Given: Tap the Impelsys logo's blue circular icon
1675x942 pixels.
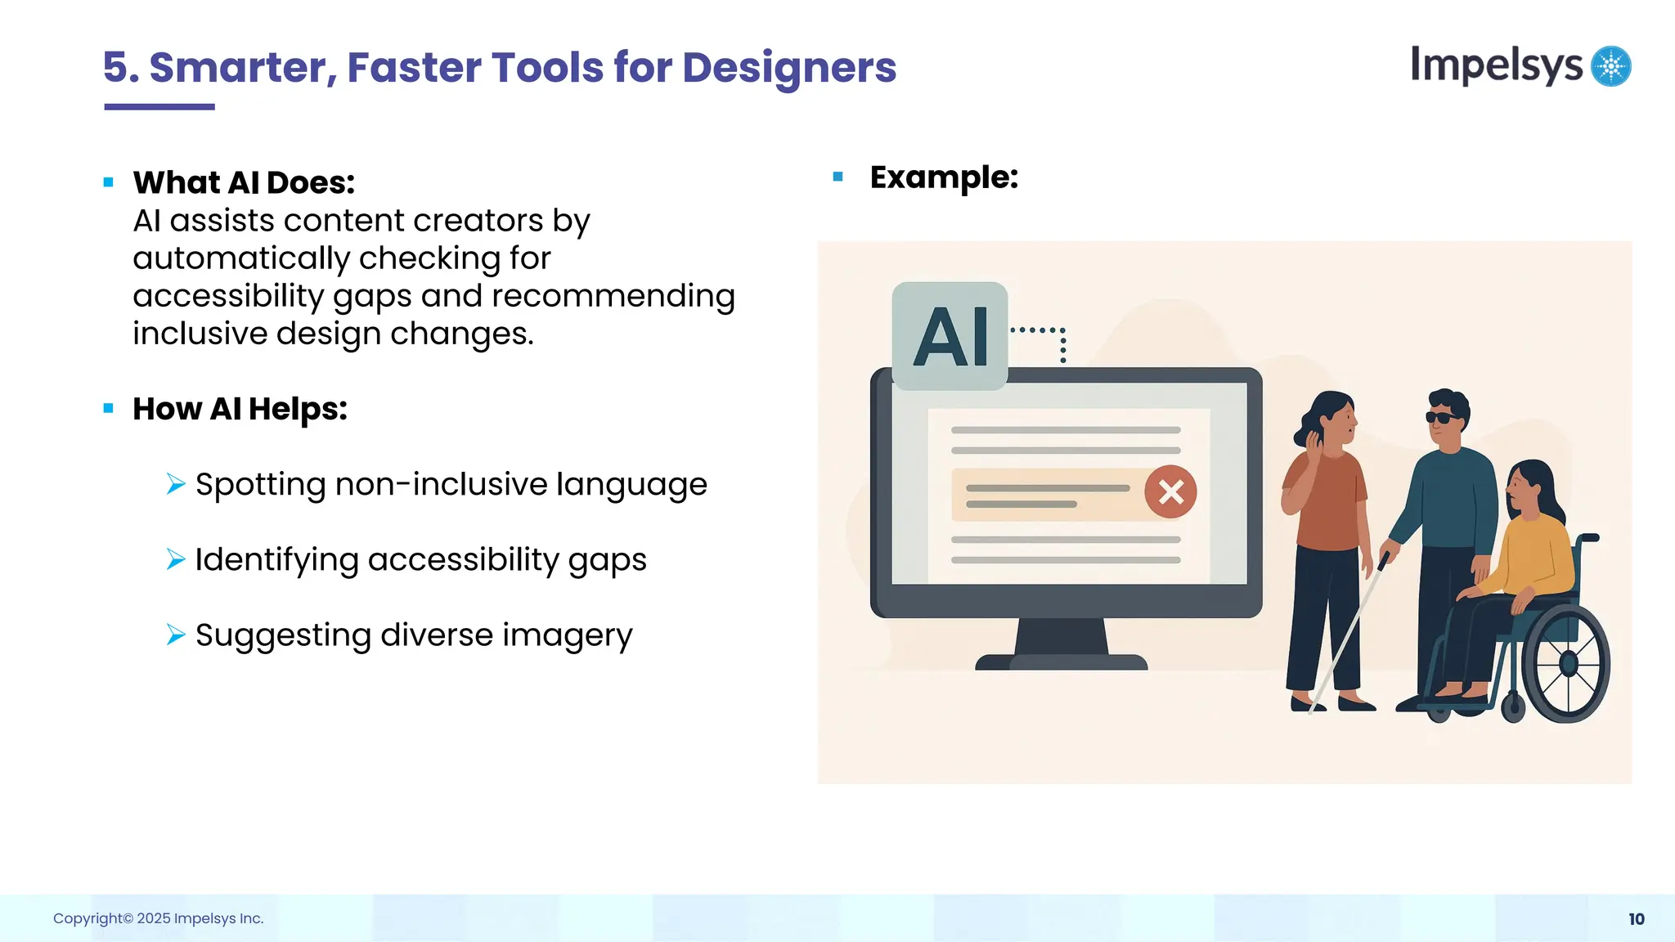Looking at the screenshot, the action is (1610, 66).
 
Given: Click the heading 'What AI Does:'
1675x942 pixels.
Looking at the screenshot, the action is (244, 182).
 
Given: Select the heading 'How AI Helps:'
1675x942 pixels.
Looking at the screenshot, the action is (240, 409).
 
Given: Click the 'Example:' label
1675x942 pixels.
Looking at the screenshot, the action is (943, 177).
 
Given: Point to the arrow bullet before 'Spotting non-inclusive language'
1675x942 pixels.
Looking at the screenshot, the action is (175, 484).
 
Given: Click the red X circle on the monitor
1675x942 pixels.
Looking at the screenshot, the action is (1170, 492).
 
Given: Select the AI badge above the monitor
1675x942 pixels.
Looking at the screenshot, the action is (950, 336).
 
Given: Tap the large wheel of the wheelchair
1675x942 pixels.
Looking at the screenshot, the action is (1566, 663).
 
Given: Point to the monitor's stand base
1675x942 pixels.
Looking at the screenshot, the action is (1061, 662).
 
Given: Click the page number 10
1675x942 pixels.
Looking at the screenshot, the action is (1636, 919).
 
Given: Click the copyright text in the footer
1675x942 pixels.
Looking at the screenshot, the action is (158, 918).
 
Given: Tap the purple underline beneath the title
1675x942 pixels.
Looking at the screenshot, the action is (159, 107).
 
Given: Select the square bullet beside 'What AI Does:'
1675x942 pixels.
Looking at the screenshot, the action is (108, 182).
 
